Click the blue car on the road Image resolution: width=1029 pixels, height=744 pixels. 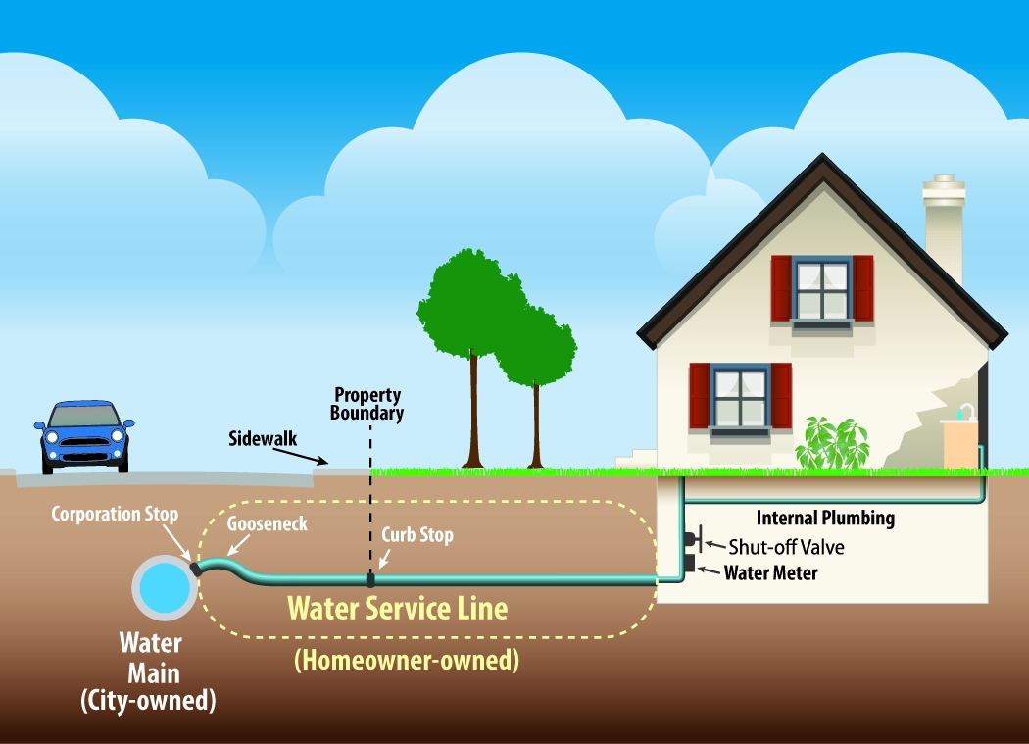tap(84, 436)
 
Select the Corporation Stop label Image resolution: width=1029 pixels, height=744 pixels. tap(115, 514)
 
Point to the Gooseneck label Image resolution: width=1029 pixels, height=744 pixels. tap(268, 524)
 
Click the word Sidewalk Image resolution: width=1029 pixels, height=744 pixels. tap(263, 438)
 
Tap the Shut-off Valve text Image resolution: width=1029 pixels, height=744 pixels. tap(786, 547)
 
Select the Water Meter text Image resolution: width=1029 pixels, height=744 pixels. tap(770, 572)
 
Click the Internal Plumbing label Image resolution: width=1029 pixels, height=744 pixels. tap(826, 519)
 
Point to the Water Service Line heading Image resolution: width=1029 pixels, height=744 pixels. tap(398, 609)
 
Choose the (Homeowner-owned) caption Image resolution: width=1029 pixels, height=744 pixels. tap(406, 660)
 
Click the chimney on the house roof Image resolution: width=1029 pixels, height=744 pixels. tap(944, 226)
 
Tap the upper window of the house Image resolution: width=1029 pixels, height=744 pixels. tap(821, 288)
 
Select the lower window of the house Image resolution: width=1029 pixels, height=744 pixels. tap(740, 396)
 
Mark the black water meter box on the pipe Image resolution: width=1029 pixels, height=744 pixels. tap(689, 564)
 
